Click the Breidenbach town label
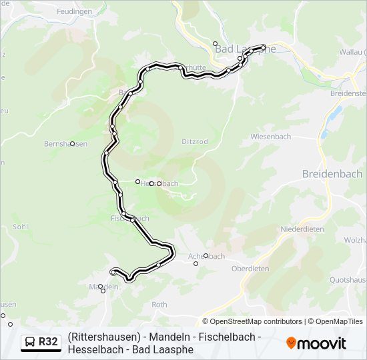(x=332, y=174)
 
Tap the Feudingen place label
(x=74, y=12)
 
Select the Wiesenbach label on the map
(x=271, y=136)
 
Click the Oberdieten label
(x=250, y=269)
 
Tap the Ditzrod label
(x=195, y=142)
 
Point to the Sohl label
(x=20, y=227)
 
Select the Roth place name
(x=159, y=304)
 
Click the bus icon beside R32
(x=29, y=342)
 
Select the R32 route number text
(x=48, y=342)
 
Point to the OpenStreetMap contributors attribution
(x=256, y=321)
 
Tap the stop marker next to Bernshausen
(x=73, y=143)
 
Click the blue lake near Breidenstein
(x=331, y=121)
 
